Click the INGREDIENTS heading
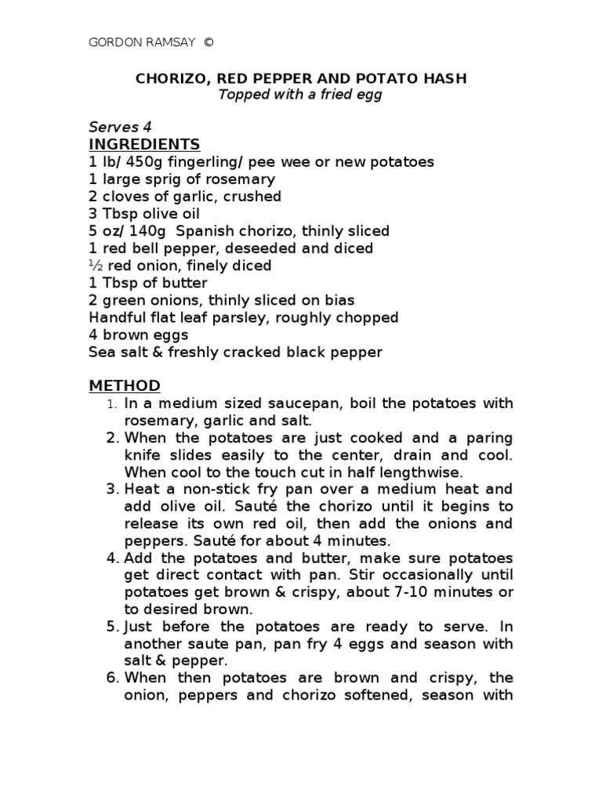[x=145, y=144]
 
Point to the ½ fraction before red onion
[x=96, y=266]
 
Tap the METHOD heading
[x=125, y=385]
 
